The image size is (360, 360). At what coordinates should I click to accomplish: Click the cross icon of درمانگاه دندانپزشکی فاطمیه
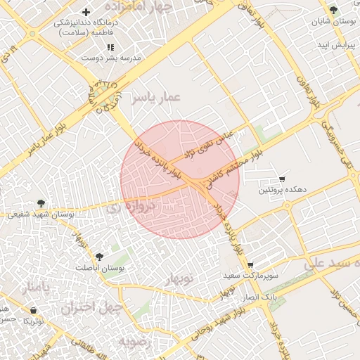tap(86, 13)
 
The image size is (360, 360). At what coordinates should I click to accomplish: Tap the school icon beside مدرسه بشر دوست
tap(110, 47)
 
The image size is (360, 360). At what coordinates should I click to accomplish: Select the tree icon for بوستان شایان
tap(333, 10)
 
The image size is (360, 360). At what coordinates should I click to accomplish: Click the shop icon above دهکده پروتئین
tap(282, 179)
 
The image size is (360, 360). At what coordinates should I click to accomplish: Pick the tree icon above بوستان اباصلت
tap(98, 257)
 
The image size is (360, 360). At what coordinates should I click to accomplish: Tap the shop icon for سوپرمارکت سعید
tap(250, 265)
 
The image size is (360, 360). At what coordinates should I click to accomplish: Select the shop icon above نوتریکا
tap(33, 310)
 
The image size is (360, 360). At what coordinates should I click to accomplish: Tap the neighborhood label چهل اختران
tap(91, 307)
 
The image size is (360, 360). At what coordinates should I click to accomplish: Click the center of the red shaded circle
tap(180, 179)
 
